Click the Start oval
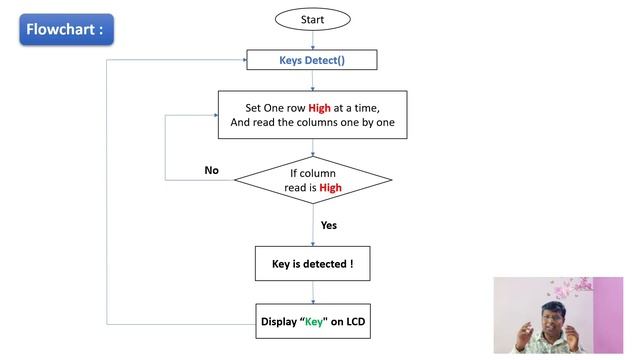(x=313, y=19)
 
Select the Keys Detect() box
(x=312, y=60)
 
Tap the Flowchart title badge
(x=67, y=29)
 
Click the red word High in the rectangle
(x=319, y=108)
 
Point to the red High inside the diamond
(x=330, y=188)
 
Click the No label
(x=211, y=170)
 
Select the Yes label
(x=329, y=225)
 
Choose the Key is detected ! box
(x=313, y=264)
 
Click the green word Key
(x=314, y=322)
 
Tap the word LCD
(x=356, y=322)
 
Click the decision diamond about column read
(x=313, y=180)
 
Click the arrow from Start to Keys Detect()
(x=313, y=40)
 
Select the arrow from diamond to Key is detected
(x=313, y=225)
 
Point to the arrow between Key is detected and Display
(x=313, y=292)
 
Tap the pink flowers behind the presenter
(x=571, y=287)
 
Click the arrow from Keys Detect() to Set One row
(x=313, y=80)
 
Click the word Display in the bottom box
(x=279, y=322)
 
